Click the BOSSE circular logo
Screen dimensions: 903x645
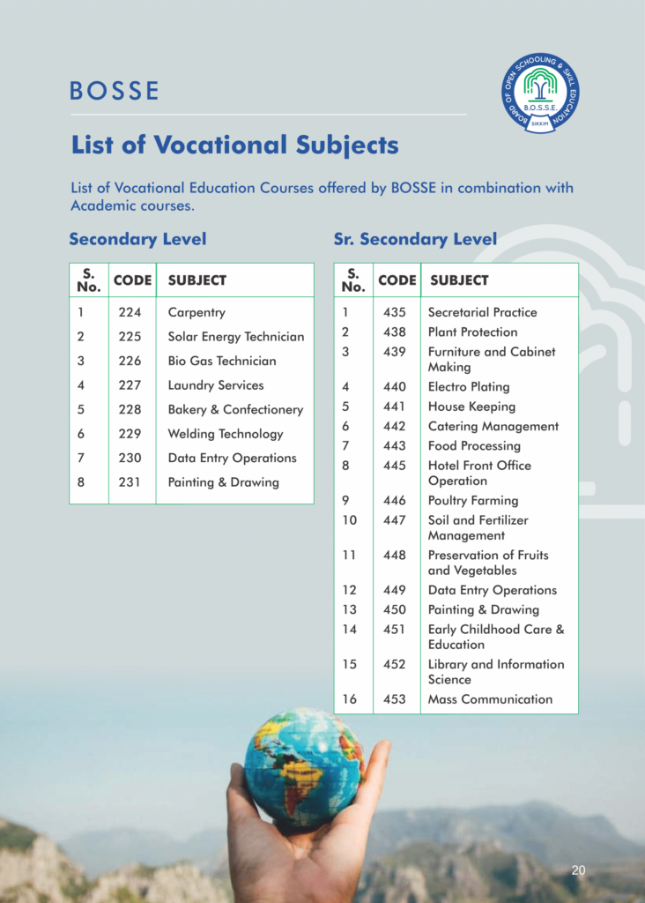[x=540, y=93]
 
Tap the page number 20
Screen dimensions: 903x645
[x=578, y=870]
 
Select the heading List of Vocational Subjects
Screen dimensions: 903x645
[x=234, y=145]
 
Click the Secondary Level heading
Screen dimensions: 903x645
[x=137, y=239]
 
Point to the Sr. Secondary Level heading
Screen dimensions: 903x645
[x=415, y=239]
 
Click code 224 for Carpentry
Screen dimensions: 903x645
[x=130, y=312]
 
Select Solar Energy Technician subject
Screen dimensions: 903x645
[x=235, y=337]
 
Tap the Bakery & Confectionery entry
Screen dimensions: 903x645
[x=235, y=409]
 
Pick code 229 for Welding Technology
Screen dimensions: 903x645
[x=130, y=434]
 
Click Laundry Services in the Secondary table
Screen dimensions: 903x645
[x=216, y=385]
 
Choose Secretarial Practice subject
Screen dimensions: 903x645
[x=482, y=312]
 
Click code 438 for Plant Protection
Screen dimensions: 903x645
[x=395, y=332]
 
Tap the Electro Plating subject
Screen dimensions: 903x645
[x=469, y=386]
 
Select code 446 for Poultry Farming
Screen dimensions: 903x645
[x=395, y=500]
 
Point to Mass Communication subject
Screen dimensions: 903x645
[x=490, y=699]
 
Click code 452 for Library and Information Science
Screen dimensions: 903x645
[x=395, y=664]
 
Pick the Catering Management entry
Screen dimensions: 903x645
[x=493, y=426]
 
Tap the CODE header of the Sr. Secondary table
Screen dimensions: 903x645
[x=397, y=280]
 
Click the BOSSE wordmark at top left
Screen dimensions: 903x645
[x=115, y=91]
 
